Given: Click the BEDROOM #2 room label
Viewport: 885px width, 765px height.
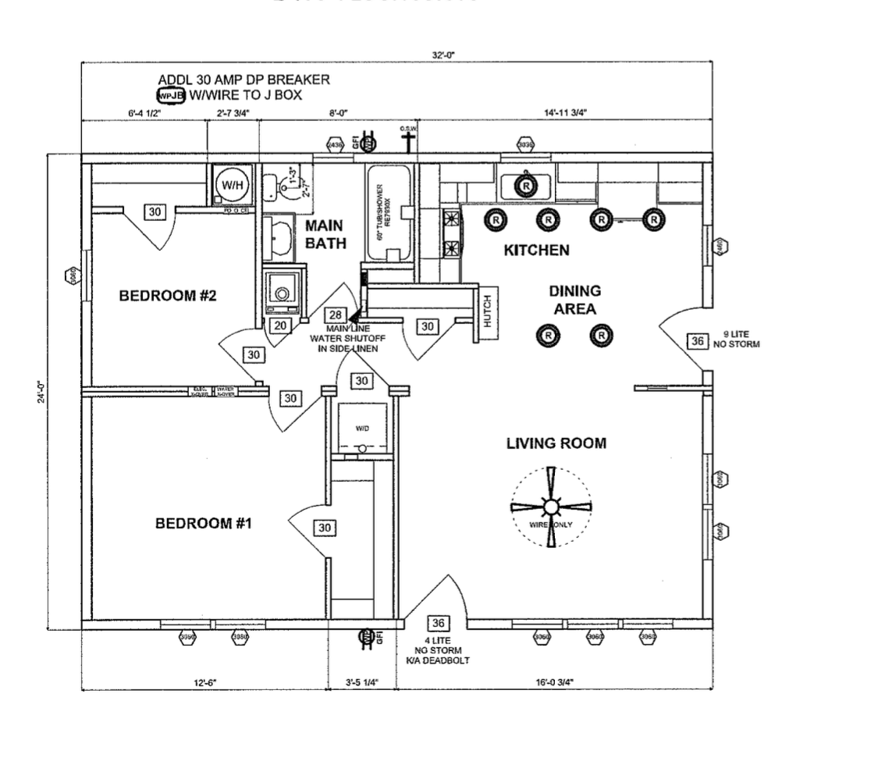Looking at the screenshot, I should [167, 296].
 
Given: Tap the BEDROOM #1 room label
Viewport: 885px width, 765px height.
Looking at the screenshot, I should [204, 523].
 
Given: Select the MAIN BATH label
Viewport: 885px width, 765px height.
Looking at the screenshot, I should [325, 233].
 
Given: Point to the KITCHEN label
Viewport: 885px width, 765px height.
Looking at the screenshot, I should [536, 251].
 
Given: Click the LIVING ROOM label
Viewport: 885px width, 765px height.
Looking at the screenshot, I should [556, 443].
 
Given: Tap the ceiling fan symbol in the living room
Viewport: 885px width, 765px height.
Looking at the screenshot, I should [551, 507].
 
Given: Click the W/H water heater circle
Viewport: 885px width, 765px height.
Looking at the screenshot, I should [232, 185].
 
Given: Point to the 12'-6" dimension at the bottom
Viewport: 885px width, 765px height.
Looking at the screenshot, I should [204, 682].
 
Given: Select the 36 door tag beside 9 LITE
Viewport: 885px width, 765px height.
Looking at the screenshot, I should [697, 341].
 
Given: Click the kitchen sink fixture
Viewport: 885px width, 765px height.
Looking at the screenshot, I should [527, 186].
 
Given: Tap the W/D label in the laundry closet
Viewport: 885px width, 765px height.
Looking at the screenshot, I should [363, 429].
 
